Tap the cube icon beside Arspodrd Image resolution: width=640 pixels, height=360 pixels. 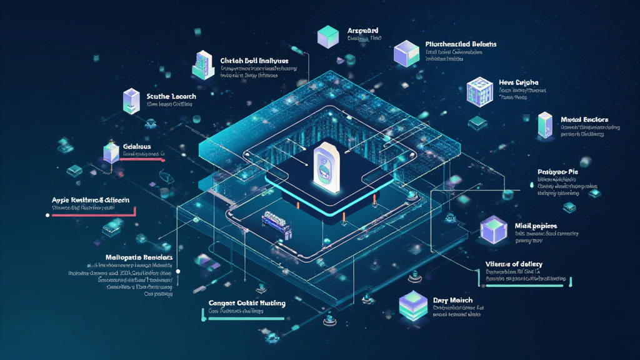point(327,37)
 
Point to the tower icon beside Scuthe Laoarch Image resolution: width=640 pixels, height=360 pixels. point(131,101)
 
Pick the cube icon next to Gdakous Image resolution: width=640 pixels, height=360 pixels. point(111,152)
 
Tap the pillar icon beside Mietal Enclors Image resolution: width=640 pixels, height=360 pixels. point(544,125)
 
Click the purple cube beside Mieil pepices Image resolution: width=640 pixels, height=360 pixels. point(492,231)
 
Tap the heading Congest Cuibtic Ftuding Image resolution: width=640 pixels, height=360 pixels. point(247,303)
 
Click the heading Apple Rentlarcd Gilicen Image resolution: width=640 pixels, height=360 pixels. point(91,200)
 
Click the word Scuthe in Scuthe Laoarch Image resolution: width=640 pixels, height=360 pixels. point(159,96)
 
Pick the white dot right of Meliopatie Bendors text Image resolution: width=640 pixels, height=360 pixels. point(179,272)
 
